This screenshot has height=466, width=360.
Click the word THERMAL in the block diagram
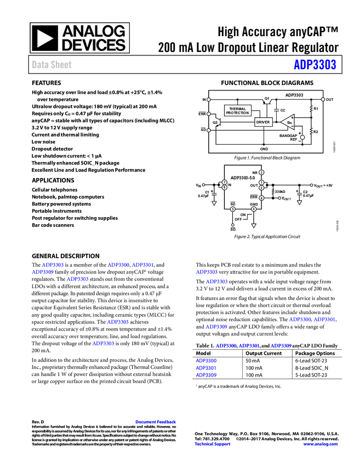(x=237, y=109)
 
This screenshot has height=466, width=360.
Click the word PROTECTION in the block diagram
(x=237, y=113)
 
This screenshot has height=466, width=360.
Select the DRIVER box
(x=263, y=122)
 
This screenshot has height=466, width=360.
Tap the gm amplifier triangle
(x=288, y=122)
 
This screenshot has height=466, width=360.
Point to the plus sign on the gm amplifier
(x=292, y=117)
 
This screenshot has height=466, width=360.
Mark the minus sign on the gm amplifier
(x=292, y=126)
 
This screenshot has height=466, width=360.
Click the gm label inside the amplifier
(x=289, y=122)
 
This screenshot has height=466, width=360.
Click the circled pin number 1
(x=261, y=183)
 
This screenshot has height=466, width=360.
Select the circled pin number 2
(x=261, y=187)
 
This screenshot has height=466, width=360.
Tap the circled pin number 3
(x=261, y=173)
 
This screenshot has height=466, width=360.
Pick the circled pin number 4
(x=254, y=209)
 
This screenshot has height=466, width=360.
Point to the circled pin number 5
(x=232, y=209)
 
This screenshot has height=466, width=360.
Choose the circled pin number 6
(x=261, y=198)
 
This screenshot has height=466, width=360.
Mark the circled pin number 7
(x=224, y=183)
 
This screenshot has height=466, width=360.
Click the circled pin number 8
(x=224, y=187)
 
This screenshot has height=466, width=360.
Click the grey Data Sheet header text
(x=52, y=65)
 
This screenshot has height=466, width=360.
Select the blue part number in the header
(x=315, y=65)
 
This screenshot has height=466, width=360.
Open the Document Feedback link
(x=156, y=422)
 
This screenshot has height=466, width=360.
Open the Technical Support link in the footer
(x=213, y=444)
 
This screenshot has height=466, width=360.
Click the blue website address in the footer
(x=321, y=444)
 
